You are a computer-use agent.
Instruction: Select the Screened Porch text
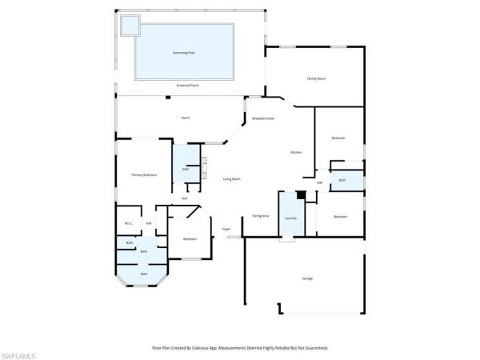(x=188, y=85)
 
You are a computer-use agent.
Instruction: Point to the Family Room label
(x=316, y=78)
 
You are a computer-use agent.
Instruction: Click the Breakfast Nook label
(x=263, y=118)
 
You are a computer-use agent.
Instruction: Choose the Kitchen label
(x=295, y=152)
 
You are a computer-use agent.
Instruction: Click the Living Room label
(x=231, y=178)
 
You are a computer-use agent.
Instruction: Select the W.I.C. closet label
(x=128, y=223)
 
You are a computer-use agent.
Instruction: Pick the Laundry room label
(x=290, y=218)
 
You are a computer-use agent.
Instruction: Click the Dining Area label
(x=260, y=216)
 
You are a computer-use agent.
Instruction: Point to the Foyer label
(x=226, y=229)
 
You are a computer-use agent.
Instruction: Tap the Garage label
(x=307, y=278)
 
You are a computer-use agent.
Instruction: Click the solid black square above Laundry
(x=301, y=194)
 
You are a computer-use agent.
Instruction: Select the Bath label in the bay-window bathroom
(x=144, y=274)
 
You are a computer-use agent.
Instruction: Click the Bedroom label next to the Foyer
(x=190, y=238)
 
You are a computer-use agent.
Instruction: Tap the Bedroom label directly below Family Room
(x=338, y=138)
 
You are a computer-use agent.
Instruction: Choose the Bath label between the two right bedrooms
(x=342, y=180)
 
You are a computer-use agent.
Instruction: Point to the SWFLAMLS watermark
(x=19, y=353)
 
